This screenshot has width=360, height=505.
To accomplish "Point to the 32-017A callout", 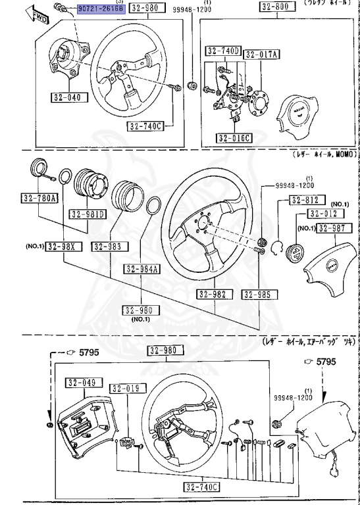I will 261,55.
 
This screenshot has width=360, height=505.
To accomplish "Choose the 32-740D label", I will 222,51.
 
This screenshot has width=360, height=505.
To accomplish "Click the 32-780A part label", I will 39,198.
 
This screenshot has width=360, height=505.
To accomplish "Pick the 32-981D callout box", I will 88,214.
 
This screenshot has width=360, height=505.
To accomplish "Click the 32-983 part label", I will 107,246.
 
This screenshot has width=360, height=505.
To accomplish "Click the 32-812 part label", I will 305,200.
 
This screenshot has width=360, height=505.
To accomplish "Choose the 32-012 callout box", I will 324,214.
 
